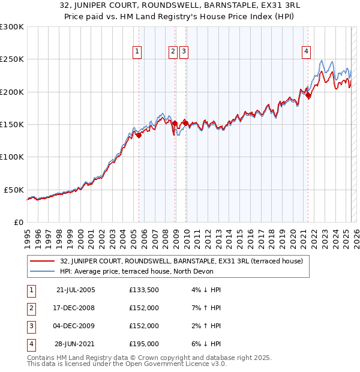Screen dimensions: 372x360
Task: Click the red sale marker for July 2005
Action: click(139, 135)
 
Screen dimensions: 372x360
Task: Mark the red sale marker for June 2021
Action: click(308, 95)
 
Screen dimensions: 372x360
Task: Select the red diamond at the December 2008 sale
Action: click(175, 123)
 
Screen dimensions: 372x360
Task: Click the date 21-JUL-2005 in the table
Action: click(76, 290)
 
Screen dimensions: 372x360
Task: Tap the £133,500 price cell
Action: click(144, 290)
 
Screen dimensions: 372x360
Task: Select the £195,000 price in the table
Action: click(144, 344)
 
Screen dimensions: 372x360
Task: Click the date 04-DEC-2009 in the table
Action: click(76, 326)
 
